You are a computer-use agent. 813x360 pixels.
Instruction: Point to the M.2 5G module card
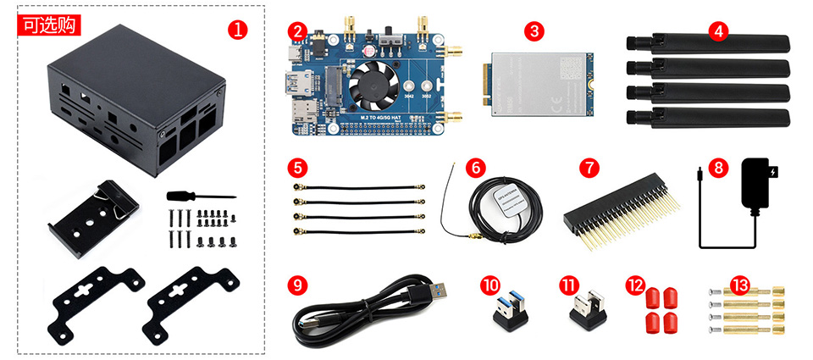(539, 86)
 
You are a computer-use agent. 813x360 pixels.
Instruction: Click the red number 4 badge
(719, 31)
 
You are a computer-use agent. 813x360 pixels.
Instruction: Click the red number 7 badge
(590, 167)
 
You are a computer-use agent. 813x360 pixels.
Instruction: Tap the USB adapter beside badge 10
(507, 309)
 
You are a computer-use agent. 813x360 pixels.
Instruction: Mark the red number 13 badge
(739, 285)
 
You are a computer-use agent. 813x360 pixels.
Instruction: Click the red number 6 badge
(476, 167)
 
